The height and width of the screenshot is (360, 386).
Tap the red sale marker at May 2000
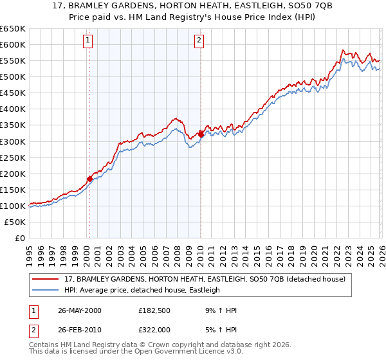[89, 179]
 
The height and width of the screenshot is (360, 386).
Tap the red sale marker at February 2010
[201, 134]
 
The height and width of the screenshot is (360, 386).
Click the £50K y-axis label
[15, 222]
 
